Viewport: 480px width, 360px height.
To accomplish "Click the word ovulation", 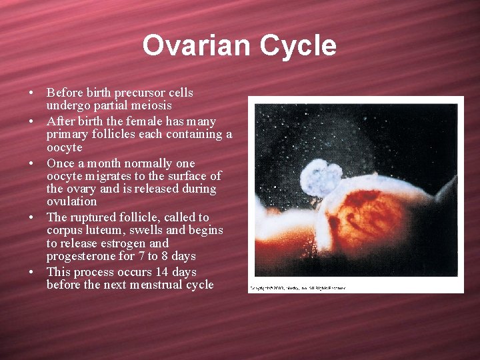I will pyautogui.click(x=71, y=201).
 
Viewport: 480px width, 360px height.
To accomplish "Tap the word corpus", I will pyautogui.click(x=64, y=230).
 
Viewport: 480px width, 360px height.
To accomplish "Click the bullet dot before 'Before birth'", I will pyautogui.click(x=31, y=93).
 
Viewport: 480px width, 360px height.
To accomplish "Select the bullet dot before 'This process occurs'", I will pyautogui.click(x=31, y=273).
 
